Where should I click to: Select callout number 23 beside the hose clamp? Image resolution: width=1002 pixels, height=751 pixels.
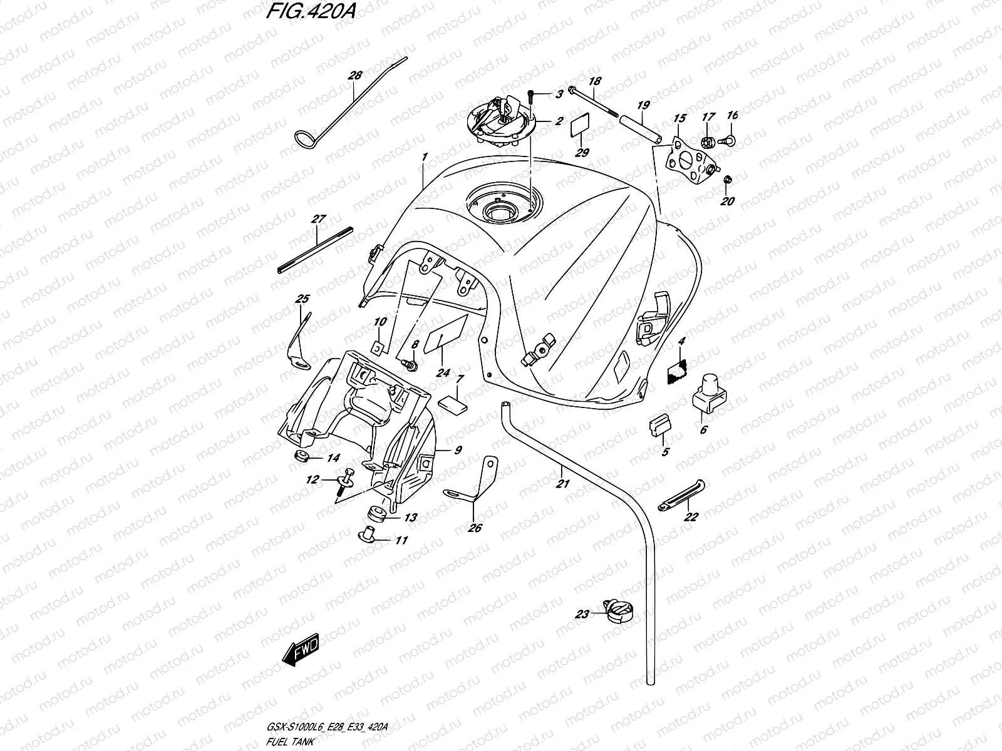582,614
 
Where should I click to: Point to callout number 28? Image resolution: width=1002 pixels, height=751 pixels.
355,76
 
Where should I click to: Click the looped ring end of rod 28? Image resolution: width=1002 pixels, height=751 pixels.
307,138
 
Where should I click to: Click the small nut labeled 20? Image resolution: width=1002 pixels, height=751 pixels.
727,181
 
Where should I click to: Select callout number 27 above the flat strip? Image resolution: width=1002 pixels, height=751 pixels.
318,219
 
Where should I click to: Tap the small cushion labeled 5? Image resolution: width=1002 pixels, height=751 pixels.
659,427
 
